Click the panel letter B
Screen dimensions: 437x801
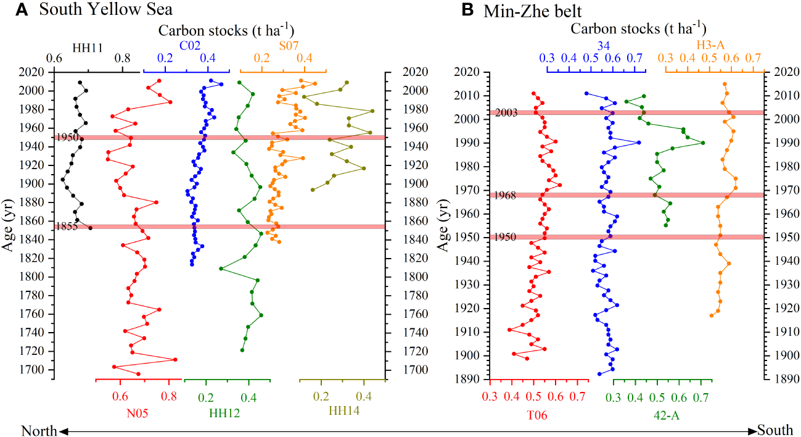point(467,10)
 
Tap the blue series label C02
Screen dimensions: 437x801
point(189,45)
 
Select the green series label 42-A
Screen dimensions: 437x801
point(663,415)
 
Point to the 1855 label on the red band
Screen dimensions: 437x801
point(67,227)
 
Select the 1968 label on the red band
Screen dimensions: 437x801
point(506,195)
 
